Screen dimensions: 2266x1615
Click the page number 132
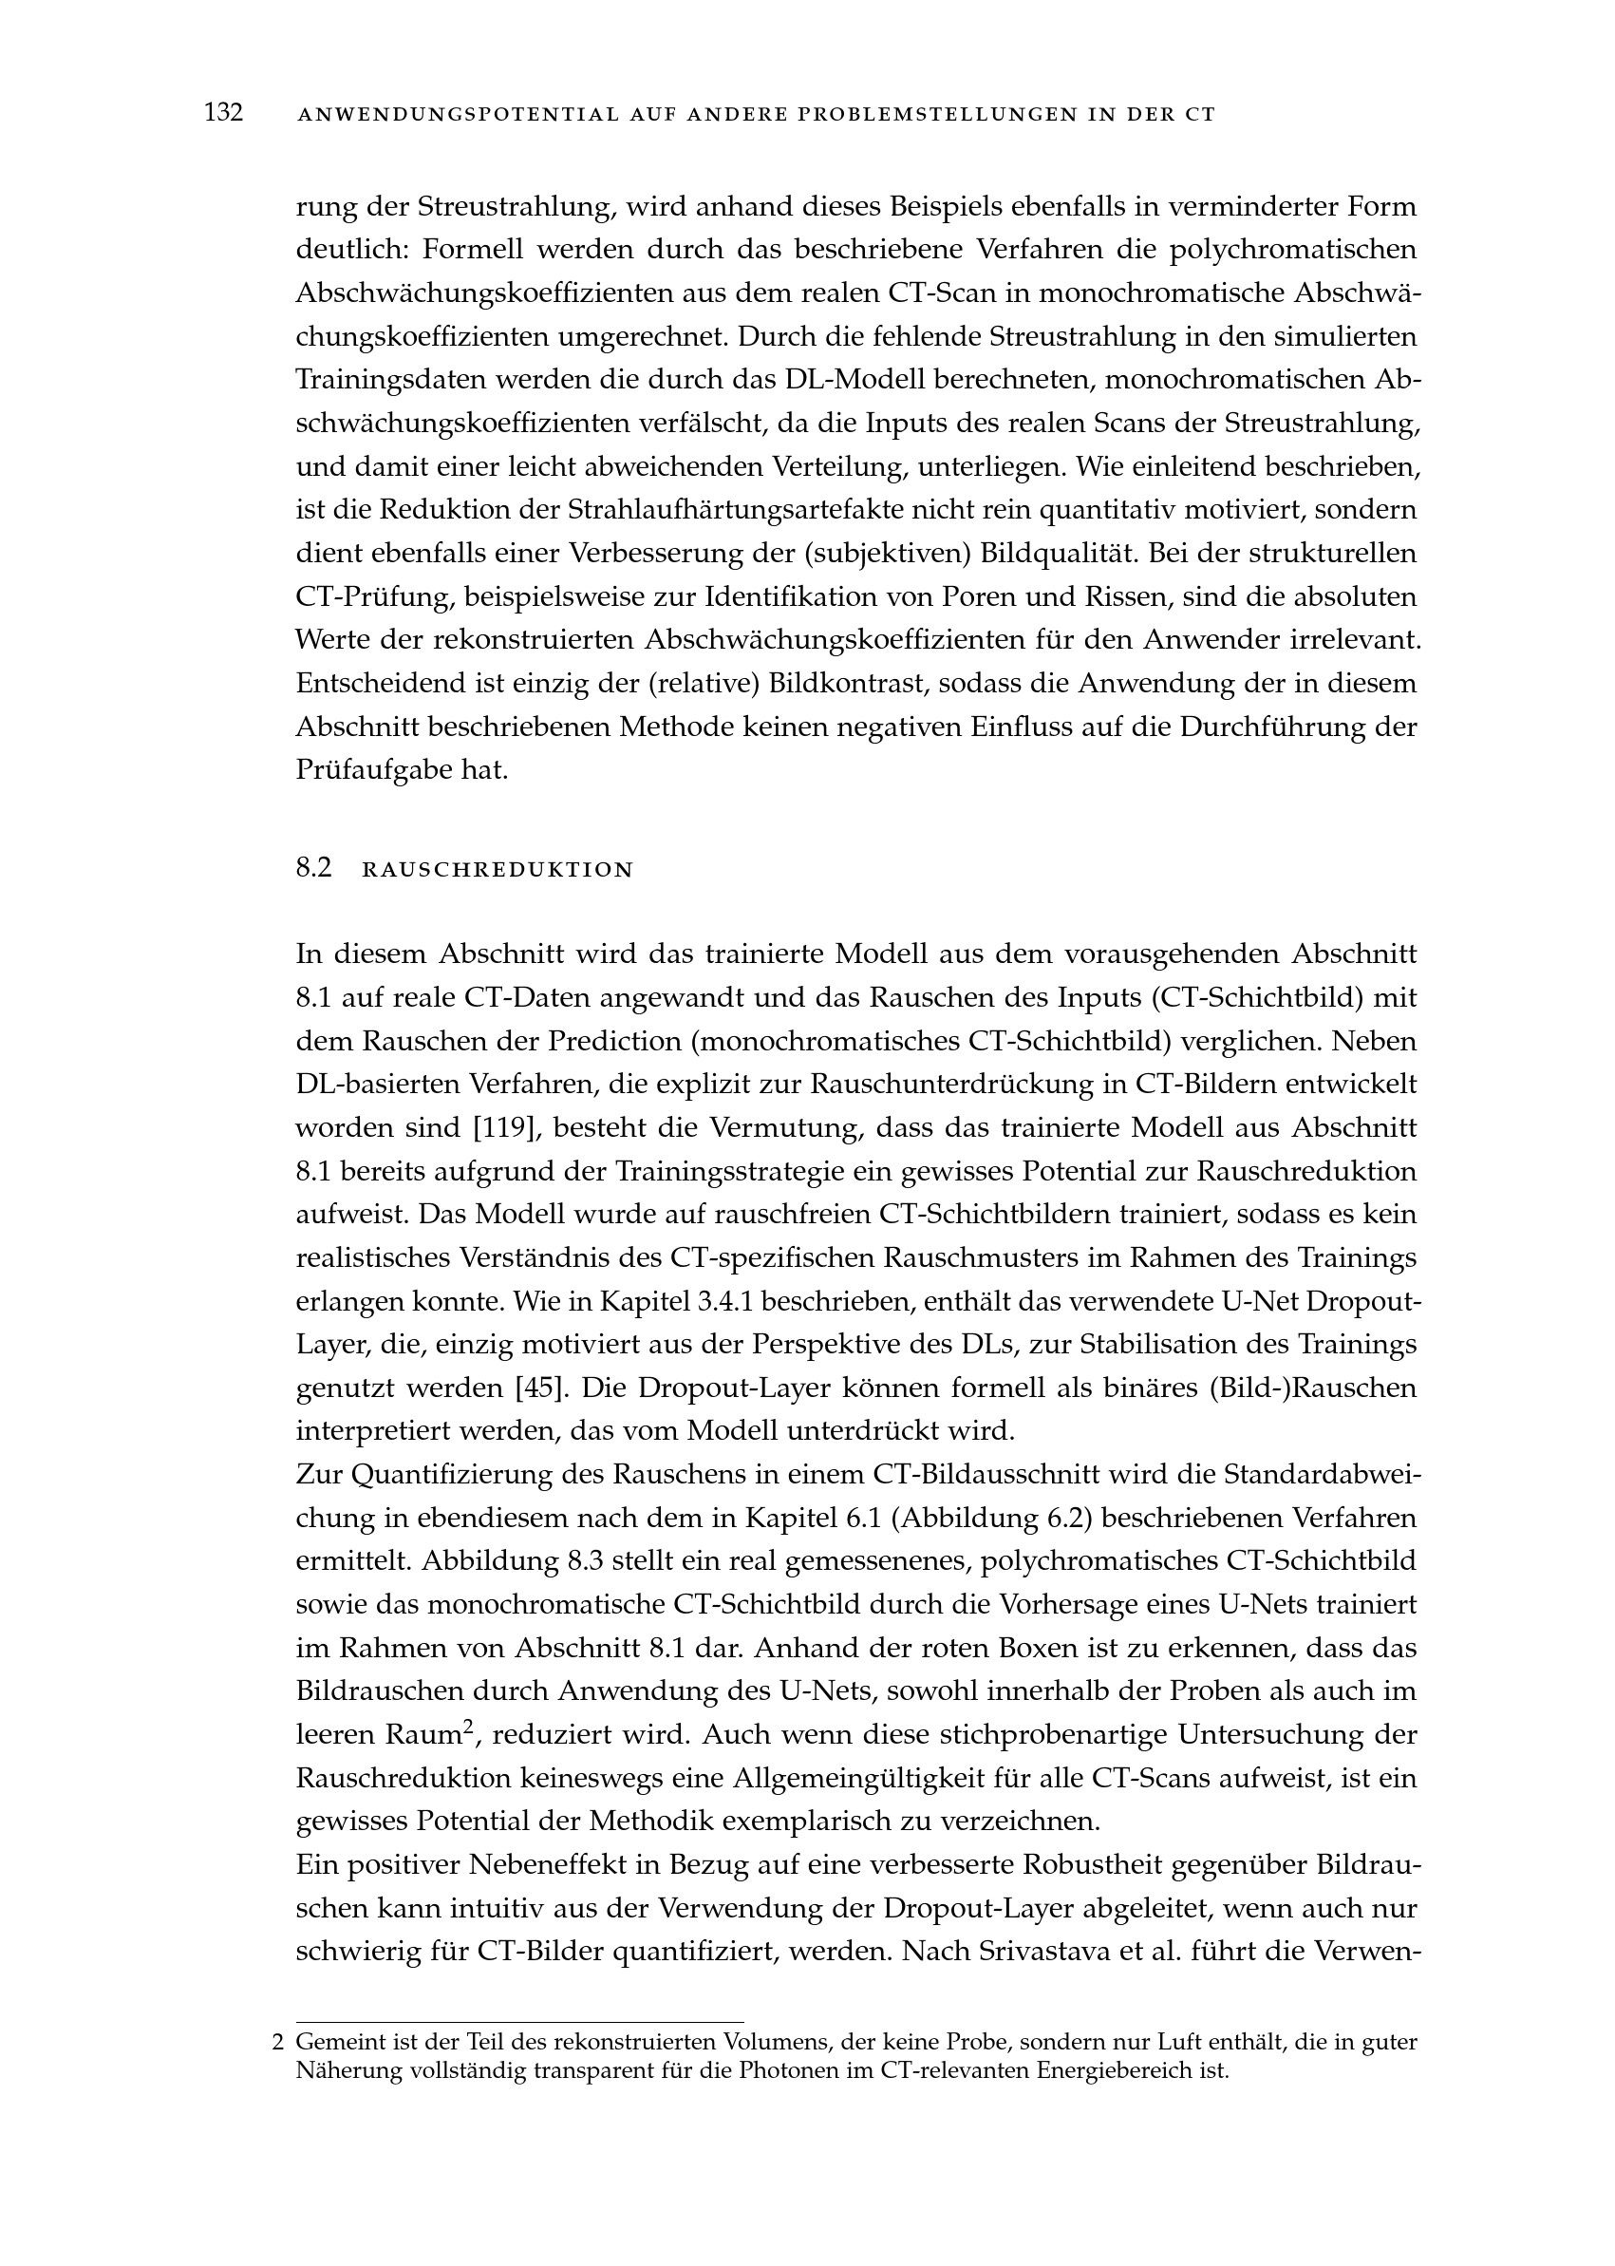tap(224, 112)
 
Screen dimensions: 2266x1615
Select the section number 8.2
tap(313, 868)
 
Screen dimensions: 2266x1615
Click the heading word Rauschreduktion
tap(498, 870)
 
